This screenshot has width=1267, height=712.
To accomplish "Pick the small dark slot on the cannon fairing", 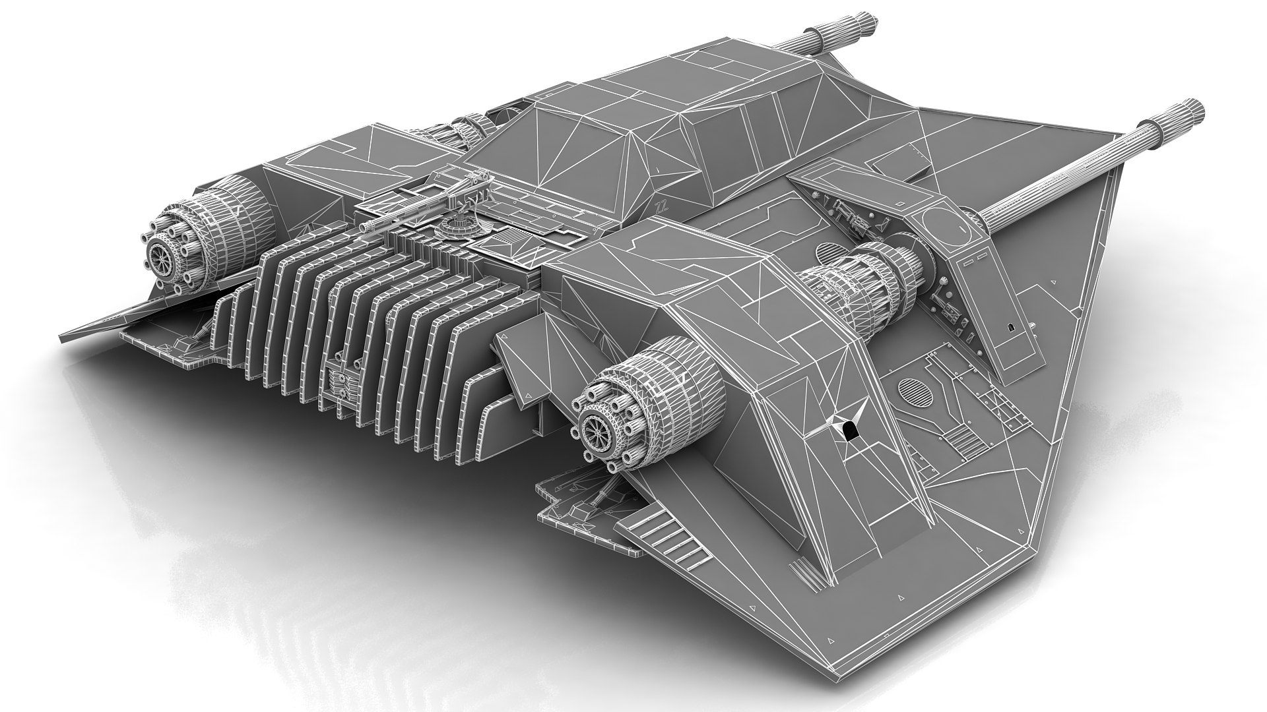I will [1010, 328].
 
